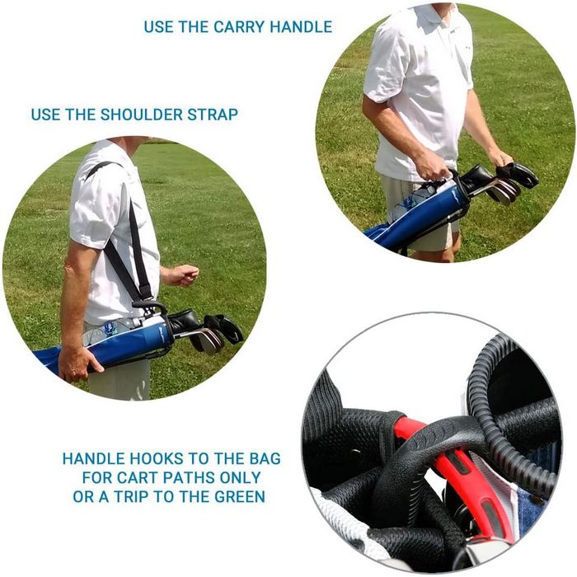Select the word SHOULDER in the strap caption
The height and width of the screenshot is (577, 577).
[142, 115]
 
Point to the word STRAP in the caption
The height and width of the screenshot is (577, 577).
[213, 115]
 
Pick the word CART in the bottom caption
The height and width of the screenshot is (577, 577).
[138, 478]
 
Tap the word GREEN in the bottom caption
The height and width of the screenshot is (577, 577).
[240, 497]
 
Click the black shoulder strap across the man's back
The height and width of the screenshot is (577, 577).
[125, 236]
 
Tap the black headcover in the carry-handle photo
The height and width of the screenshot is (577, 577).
[517, 174]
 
